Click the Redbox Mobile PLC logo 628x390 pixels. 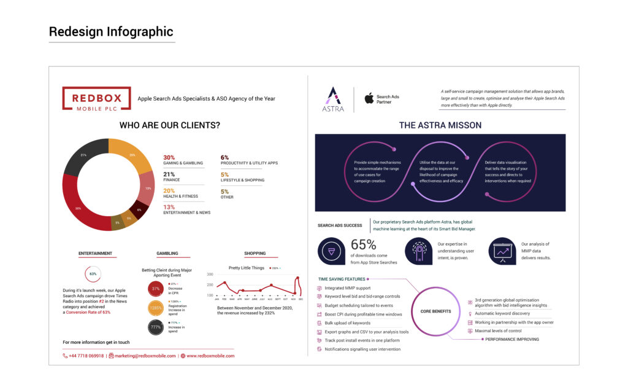96,98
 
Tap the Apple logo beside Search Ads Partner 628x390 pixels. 369,98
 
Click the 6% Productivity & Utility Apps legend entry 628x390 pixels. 249,160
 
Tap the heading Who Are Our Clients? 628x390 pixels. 170,125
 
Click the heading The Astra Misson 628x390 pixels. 440,125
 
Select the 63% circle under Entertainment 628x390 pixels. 93,274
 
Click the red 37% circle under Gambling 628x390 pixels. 156,289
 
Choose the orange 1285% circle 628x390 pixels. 156,308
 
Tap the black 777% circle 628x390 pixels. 156,327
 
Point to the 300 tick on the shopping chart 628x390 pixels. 210,275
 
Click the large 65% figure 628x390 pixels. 363,245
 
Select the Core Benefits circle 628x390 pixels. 435,311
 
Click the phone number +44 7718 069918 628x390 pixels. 86,356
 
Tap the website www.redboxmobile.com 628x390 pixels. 210,356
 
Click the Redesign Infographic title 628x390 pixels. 111,32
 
